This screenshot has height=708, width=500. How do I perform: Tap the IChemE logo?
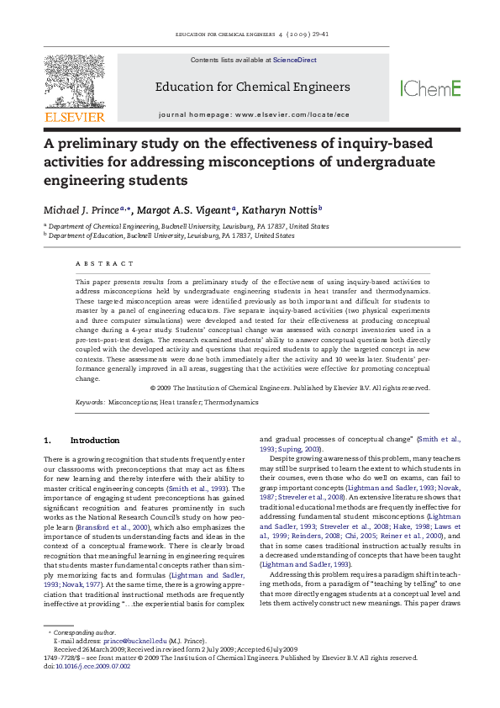(430, 88)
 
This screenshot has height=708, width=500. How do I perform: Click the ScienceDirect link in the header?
(289, 61)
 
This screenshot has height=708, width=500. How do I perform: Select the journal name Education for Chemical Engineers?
(252, 87)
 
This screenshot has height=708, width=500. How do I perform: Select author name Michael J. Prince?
(81, 209)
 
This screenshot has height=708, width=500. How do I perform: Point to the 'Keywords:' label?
(90, 402)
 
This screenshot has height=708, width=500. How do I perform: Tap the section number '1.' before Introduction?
(48, 441)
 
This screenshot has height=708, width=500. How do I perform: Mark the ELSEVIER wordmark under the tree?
(74, 117)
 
